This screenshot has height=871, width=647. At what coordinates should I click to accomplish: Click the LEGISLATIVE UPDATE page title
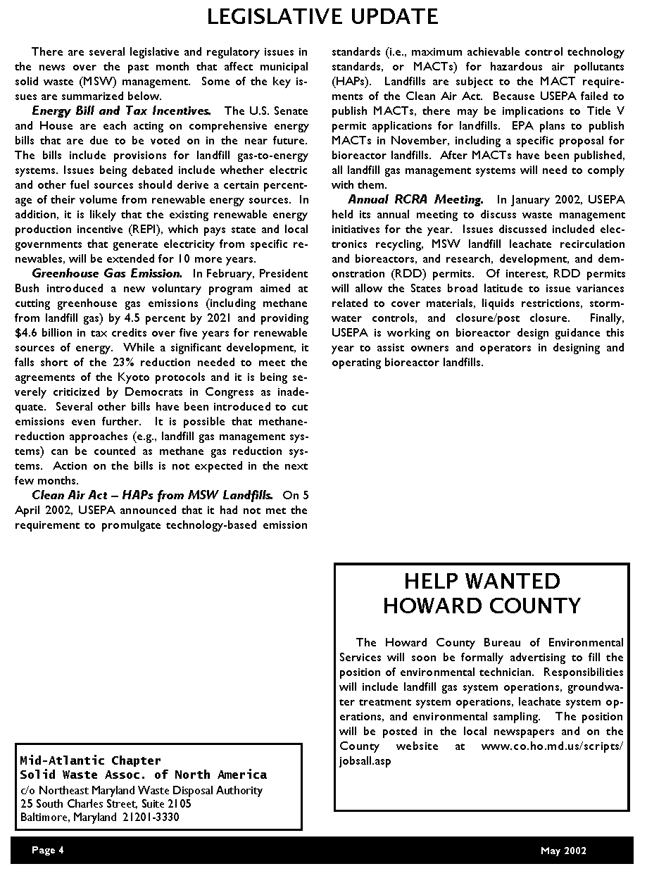point(322,16)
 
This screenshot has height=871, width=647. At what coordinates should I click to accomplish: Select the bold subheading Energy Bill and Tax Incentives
point(121,111)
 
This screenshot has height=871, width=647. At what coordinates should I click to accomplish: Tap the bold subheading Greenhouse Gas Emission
point(107,273)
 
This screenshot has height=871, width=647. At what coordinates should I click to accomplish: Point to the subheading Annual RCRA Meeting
point(415,199)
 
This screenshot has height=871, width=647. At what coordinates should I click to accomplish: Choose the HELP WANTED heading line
point(482,581)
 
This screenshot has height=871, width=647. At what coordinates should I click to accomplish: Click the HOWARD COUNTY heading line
point(482,606)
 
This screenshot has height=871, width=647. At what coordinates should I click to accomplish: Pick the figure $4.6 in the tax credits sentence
point(26,333)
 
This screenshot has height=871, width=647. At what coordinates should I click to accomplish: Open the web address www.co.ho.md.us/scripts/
point(552,746)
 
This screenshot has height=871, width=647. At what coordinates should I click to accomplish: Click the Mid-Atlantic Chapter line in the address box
point(90,760)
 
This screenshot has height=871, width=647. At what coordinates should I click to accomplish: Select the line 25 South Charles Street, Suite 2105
point(106,803)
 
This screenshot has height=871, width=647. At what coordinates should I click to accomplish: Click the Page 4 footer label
point(47,850)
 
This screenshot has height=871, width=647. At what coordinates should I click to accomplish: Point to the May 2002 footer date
point(563,851)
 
